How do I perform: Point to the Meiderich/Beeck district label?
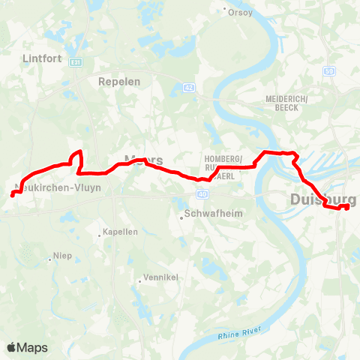pyautogui.click(x=282, y=103)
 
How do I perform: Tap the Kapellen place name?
pyautogui.click(x=121, y=232)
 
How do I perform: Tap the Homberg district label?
pyautogui.click(x=223, y=159)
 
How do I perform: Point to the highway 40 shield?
pyautogui.click(x=203, y=193)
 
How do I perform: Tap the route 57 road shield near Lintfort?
pyautogui.click(x=74, y=63)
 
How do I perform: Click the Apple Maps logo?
pyautogui.click(x=28, y=347)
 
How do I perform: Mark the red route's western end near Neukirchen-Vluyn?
pyautogui.click(x=13, y=195)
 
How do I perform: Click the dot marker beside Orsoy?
pyautogui.click(x=226, y=10)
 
